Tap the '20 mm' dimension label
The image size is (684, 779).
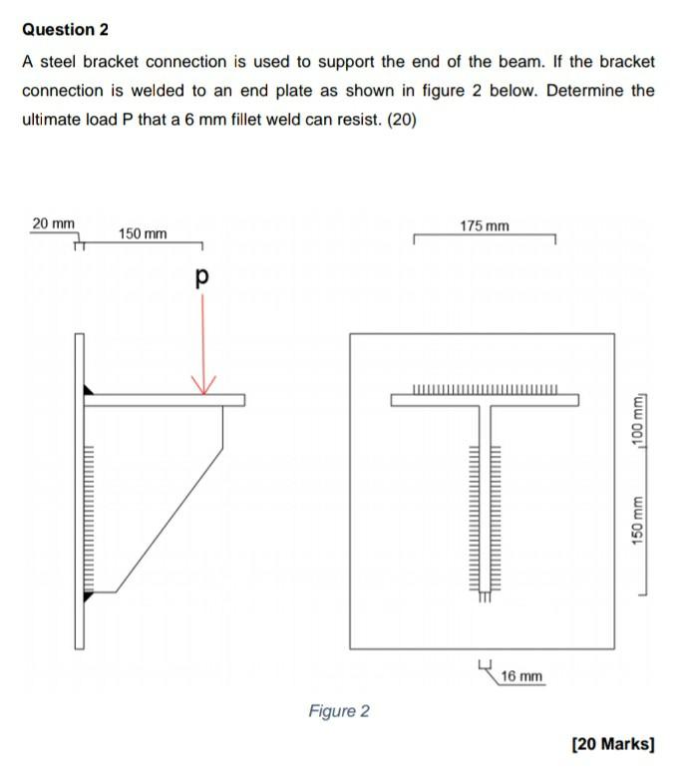point(53,222)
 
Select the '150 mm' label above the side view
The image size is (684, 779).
point(143,233)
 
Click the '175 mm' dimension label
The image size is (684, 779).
point(485,226)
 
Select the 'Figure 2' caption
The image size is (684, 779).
point(339,711)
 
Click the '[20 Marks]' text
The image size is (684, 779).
point(613,744)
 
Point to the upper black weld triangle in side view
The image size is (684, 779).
point(88,389)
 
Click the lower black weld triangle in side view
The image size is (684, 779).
point(88,595)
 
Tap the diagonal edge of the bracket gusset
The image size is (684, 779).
point(170,519)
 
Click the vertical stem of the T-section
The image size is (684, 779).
point(485,499)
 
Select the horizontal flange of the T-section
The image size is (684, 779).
point(485,400)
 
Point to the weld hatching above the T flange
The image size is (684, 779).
point(485,389)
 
